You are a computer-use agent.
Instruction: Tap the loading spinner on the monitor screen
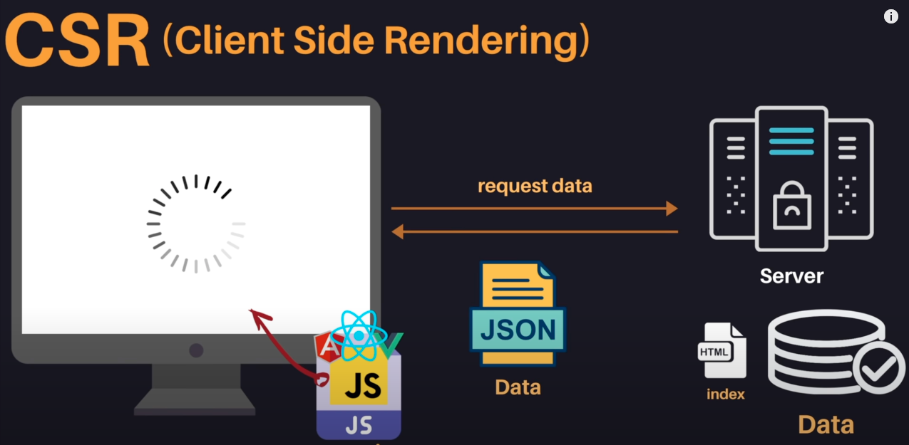tap(196, 224)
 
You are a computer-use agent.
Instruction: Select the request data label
tap(535, 187)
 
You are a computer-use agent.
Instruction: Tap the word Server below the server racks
tap(791, 276)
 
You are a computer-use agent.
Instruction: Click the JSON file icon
tap(518, 314)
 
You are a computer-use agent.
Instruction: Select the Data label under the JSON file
tap(518, 387)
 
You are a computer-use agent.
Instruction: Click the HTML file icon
tap(721, 350)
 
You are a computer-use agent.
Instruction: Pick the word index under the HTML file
tap(725, 394)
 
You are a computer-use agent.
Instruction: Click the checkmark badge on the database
tap(878, 367)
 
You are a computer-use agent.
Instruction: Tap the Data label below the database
tap(826, 425)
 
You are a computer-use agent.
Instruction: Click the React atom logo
tap(359, 335)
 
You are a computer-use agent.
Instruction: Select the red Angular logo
tap(328, 347)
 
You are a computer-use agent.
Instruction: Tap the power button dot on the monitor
tap(196, 350)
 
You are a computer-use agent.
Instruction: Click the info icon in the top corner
tap(891, 16)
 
